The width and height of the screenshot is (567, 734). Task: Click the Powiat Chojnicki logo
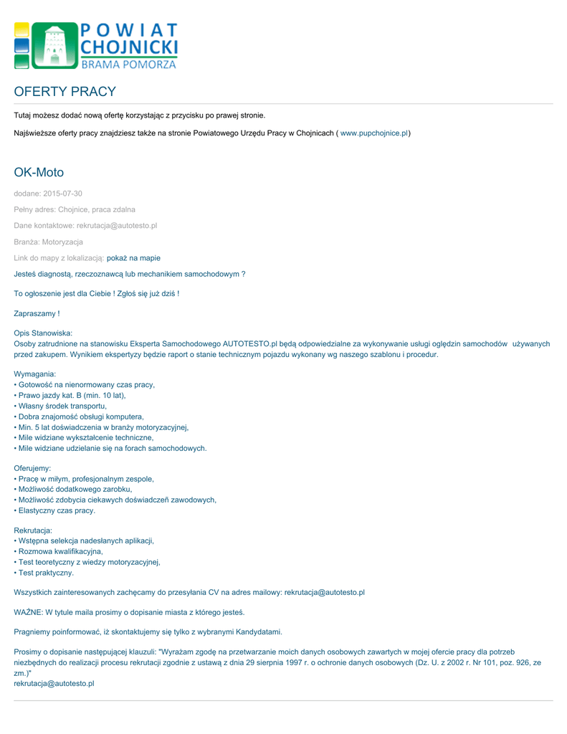95,45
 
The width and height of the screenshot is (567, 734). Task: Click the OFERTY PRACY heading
65,92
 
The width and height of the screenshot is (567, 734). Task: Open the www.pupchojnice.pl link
374,133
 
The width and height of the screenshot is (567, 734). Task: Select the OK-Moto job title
39,172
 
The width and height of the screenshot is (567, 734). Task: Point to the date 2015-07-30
62,194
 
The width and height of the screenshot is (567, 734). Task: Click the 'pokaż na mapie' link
133,258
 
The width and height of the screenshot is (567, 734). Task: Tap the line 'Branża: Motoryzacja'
48,242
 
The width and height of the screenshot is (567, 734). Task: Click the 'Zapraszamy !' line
37,313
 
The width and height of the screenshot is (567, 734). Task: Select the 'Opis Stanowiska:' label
43,333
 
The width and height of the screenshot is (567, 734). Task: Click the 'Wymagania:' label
35,374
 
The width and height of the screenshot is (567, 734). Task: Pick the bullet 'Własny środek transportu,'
61,406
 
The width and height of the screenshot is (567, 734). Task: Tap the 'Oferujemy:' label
32,468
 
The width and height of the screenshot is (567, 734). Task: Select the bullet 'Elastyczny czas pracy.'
55,510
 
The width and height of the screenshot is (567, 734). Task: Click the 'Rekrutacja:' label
33,530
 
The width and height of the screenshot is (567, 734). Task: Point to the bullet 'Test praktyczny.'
44,573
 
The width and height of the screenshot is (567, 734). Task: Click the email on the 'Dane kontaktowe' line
117,226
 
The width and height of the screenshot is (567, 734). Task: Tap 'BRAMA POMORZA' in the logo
129,65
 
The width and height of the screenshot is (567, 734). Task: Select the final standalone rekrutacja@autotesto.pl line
54,684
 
